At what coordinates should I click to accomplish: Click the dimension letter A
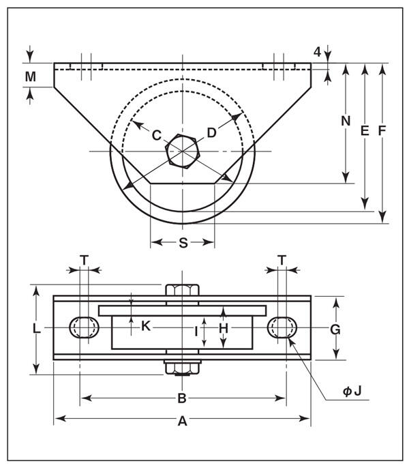(x=182, y=422)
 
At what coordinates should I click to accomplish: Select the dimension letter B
(x=182, y=398)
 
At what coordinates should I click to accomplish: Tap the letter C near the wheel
(x=156, y=135)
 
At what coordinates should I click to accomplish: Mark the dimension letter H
(x=223, y=329)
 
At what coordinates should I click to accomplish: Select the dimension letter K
(x=145, y=326)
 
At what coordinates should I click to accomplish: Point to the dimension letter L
(x=36, y=329)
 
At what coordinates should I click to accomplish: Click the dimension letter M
(x=30, y=76)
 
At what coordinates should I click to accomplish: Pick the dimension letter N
(x=346, y=121)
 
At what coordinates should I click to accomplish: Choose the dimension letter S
(x=183, y=244)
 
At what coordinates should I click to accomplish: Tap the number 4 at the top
(x=317, y=52)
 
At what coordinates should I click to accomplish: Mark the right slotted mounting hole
(x=281, y=327)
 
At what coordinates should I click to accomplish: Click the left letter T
(x=83, y=259)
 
